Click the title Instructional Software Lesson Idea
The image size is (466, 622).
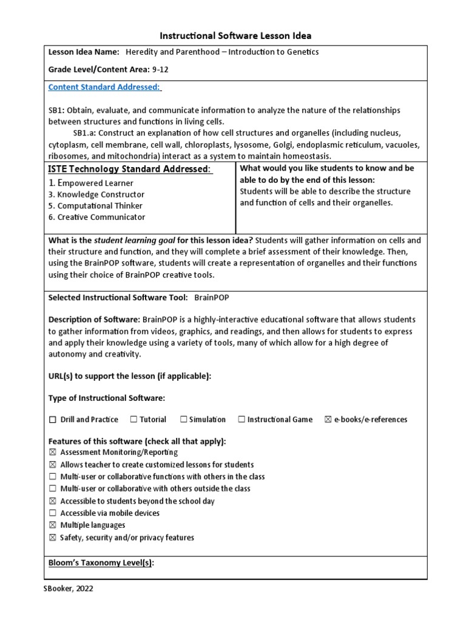tap(235, 36)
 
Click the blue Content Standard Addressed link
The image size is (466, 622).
tap(104, 87)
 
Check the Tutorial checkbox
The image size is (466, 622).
tap(132, 419)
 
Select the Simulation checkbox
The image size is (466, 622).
tap(183, 419)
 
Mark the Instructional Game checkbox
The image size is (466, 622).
tap(241, 419)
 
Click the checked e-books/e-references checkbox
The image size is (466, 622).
tap(328, 419)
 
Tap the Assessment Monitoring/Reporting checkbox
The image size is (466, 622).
tap(52, 453)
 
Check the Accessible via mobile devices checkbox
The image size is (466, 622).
tap(52, 513)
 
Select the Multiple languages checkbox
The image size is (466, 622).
tap(52, 525)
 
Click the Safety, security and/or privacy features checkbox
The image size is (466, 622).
tap(52, 538)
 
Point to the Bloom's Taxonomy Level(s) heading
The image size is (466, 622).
tap(101, 563)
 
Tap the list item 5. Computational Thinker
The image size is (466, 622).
tap(96, 206)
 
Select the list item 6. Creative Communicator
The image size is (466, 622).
tap(96, 217)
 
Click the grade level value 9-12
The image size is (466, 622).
tap(160, 69)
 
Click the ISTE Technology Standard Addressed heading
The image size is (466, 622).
tap(130, 169)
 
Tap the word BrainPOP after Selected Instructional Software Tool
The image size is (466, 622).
tap(212, 298)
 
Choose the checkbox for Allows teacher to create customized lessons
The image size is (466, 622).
tap(52, 465)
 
